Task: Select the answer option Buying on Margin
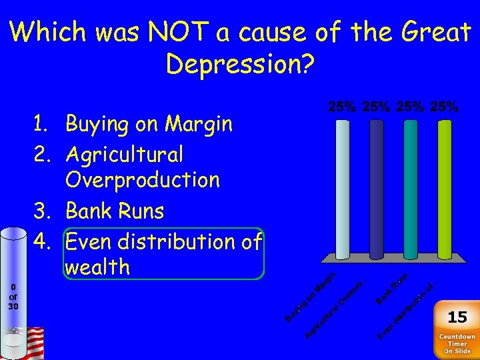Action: click(149, 124)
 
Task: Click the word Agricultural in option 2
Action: click(124, 155)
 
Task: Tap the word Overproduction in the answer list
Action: click(142, 180)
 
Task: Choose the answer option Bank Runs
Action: click(114, 211)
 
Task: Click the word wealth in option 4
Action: click(97, 267)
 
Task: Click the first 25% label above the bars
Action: click(343, 107)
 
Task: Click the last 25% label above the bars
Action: click(443, 107)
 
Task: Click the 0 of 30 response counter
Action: click(13, 297)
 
